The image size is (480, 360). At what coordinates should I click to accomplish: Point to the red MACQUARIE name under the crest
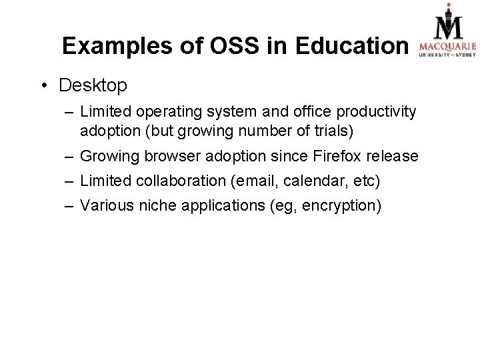447,46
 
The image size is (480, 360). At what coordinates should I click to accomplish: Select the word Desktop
93,86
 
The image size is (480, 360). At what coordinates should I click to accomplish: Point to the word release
395,156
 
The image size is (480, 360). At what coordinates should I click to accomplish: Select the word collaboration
177,181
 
